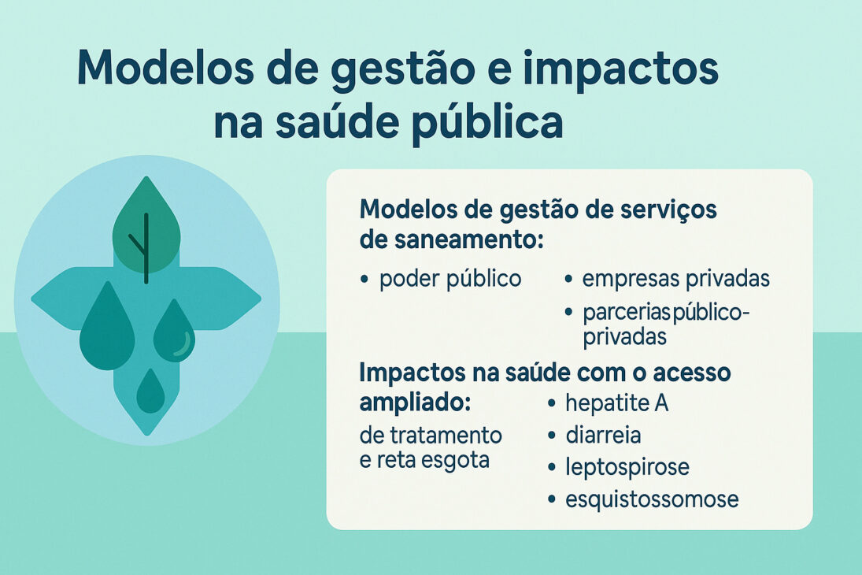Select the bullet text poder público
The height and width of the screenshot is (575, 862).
(x=450, y=279)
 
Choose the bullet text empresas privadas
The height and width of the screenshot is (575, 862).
(x=676, y=279)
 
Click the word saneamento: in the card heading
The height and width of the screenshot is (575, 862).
(x=452, y=240)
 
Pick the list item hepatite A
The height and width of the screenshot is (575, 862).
(x=616, y=403)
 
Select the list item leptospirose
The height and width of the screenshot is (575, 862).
(x=627, y=467)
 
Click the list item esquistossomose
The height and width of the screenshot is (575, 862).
(x=652, y=499)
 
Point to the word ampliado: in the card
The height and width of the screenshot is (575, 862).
(x=415, y=402)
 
